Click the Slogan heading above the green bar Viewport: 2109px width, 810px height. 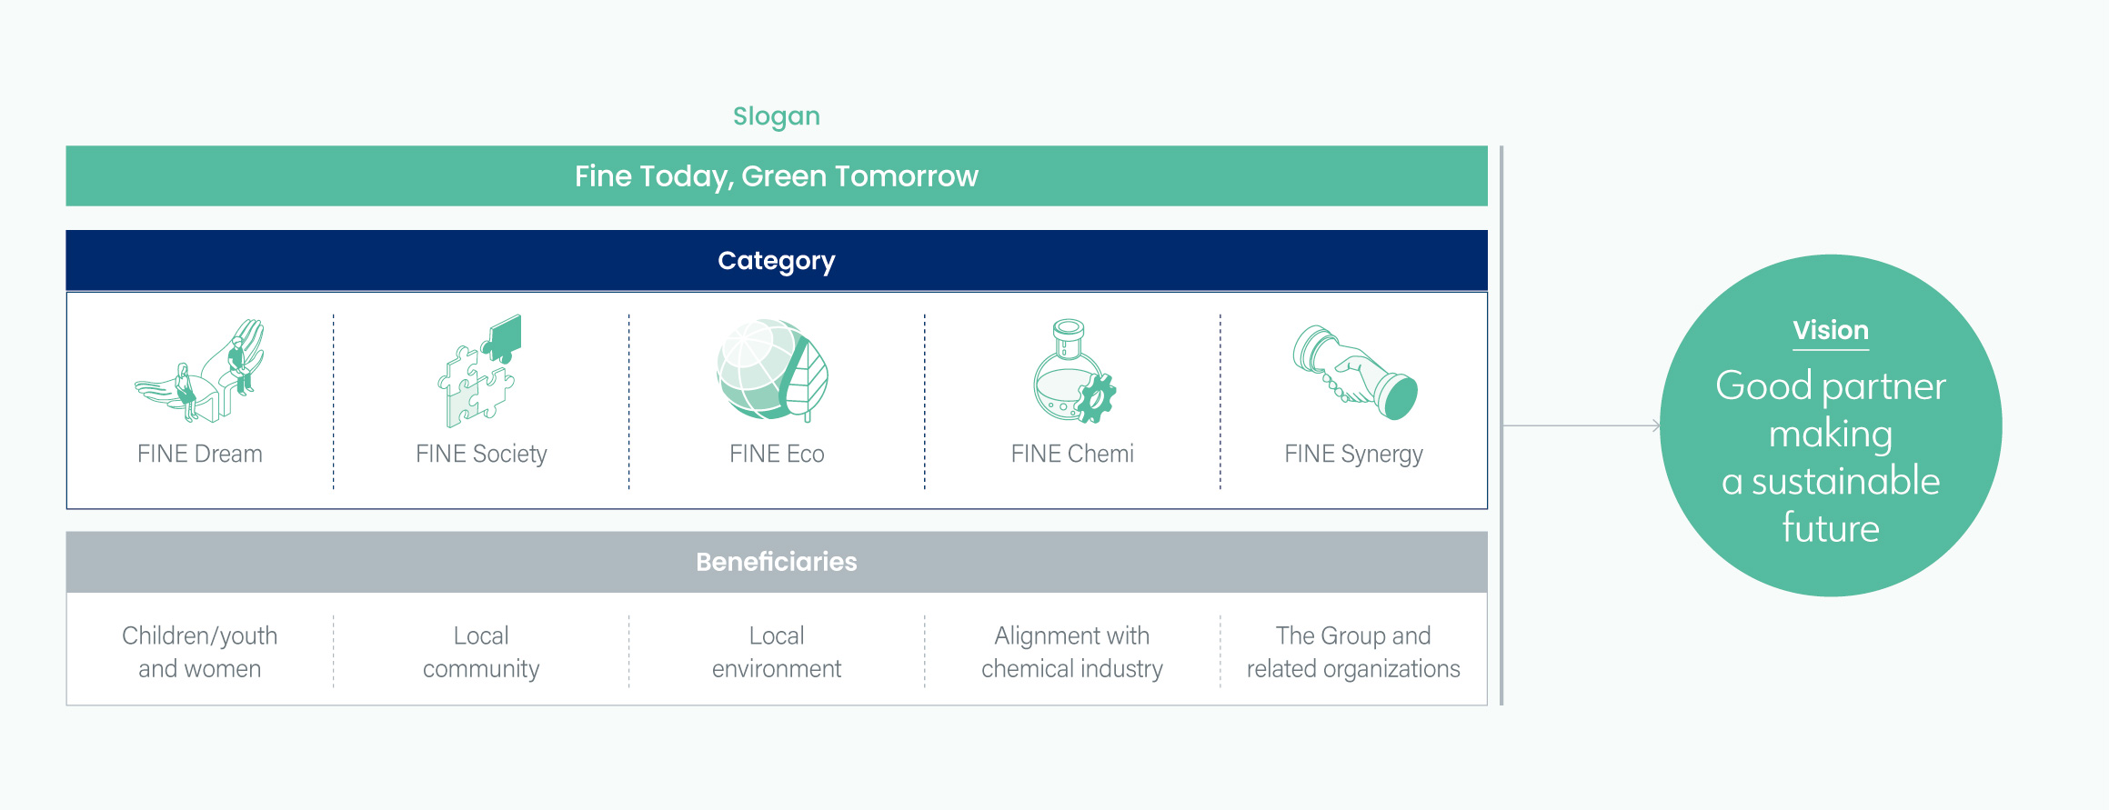[777, 117]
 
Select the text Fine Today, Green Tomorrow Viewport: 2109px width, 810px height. [777, 176]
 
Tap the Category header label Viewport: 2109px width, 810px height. [777, 262]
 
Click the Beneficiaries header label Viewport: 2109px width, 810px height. [777, 562]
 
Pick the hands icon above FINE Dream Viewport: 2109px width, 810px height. [200, 371]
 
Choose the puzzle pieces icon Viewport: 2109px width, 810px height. [480, 371]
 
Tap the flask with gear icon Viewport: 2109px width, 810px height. [1073, 371]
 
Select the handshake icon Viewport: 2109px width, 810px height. [1355, 373]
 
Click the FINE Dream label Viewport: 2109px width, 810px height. [200, 454]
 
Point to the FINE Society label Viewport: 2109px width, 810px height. [481, 454]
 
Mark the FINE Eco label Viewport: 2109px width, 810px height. [777, 454]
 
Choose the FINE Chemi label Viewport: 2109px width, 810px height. [1072, 454]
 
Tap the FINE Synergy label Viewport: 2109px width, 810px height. [1353, 455]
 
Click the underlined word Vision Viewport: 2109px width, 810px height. [1831, 330]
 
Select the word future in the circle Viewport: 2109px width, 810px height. [1831, 528]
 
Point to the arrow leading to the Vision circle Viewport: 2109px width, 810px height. [1582, 425]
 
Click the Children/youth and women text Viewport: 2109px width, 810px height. [200, 652]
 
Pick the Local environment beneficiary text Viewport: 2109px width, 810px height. [777, 652]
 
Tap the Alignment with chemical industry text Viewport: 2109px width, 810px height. [1072, 652]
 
